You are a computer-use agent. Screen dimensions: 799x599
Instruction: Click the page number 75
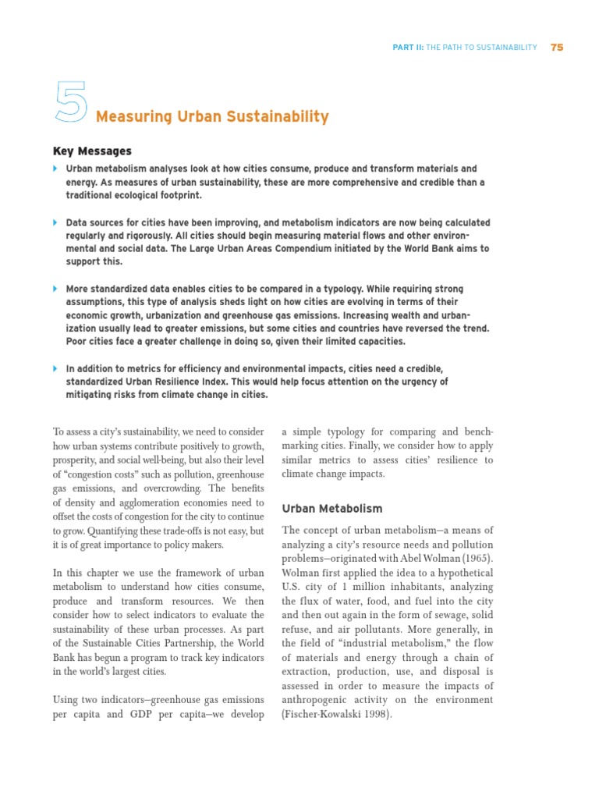click(556, 48)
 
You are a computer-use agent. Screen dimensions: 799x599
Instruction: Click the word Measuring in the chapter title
click(128, 117)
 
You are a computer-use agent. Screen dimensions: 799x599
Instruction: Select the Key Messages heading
click(92, 151)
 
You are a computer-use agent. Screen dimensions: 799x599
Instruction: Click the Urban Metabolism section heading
click(331, 509)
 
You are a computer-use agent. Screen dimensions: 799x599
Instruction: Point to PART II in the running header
click(407, 48)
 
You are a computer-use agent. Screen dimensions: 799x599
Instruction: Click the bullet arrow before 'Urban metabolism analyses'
click(55, 169)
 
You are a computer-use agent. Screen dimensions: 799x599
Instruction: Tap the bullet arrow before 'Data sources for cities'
click(55, 222)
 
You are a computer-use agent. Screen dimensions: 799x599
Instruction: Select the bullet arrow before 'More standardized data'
click(55, 289)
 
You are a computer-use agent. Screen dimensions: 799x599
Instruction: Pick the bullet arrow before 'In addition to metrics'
click(55, 368)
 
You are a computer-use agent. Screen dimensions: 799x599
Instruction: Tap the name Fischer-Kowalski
click(321, 715)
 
